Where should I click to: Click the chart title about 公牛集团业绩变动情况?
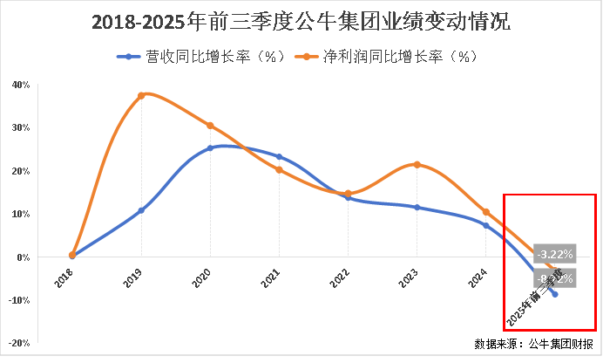pyautogui.click(x=301, y=22)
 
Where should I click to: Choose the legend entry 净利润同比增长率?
pyautogui.click(x=387, y=57)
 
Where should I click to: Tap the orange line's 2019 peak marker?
pyautogui.click(x=141, y=95)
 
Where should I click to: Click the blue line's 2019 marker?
pyautogui.click(x=141, y=210)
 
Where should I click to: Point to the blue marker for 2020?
pyautogui.click(x=210, y=148)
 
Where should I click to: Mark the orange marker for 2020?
pyautogui.click(x=210, y=126)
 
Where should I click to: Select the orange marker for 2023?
pyautogui.click(x=417, y=165)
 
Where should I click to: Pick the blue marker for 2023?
pyautogui.click(x=417, y=208)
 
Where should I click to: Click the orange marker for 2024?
pyautogui.click(x=486, y=212)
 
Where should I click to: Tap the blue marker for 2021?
pyautogui.click(x=279, y=157)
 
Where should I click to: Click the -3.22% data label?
pyautogui.click(x=555, y=254)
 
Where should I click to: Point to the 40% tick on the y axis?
pyautogui.click(x=22, y=85)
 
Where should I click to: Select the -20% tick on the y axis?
pyautogui.click(x=20, y=343)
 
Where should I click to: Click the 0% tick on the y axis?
pyautogui.click(x=24, y=257)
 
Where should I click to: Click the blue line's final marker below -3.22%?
pyautogui.click(x=555, y=294)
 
